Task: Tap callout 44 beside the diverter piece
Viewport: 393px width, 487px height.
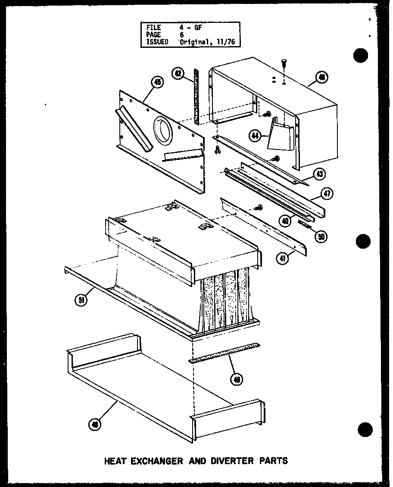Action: tap(256, 136)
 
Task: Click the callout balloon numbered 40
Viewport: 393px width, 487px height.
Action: tap(285, 221)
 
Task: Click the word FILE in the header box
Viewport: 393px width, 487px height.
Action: tap(154, 28)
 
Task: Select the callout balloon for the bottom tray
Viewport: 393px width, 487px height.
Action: tap(94, 425)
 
